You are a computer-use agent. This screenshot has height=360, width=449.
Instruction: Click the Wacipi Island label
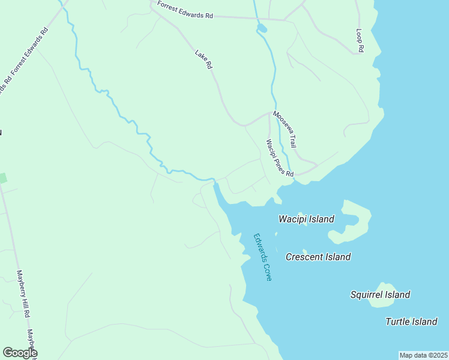pos(306,219)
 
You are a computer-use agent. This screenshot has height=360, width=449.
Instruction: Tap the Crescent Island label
pos(318,257)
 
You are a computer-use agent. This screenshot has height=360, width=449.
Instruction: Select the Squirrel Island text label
pos(380,295)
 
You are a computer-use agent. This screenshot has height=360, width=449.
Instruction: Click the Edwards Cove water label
pos(262,257)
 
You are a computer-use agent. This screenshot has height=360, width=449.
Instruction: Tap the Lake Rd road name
pos(204,59)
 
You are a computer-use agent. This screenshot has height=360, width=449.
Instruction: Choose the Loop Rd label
pos(360,40)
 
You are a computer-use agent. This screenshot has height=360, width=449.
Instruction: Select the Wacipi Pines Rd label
pos(280,158)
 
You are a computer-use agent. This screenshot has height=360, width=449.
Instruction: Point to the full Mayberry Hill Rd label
pos(23,293)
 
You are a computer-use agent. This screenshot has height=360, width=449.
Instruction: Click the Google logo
pos(19,353)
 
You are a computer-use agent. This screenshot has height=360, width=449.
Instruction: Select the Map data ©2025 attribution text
pos(423,355)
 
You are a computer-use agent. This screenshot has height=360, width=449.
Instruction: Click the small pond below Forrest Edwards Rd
pos(262,28)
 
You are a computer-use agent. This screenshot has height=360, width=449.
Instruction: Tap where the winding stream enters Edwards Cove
pos(214,182)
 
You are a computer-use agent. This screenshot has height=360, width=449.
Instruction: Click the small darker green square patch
pos(2,178)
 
